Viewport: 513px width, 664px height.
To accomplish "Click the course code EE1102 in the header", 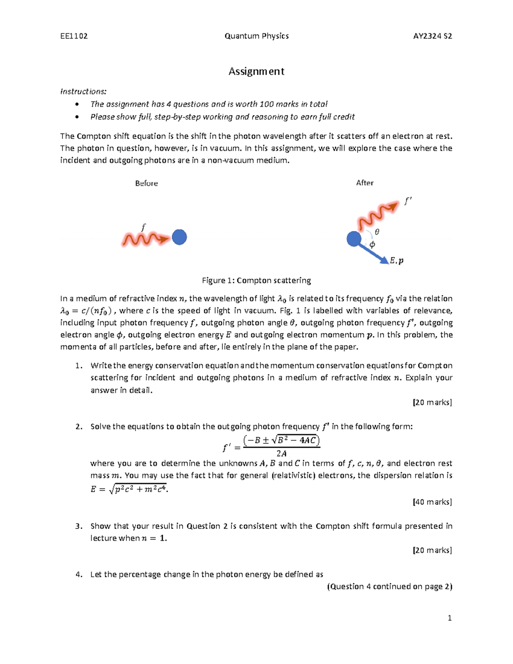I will coord(74,36).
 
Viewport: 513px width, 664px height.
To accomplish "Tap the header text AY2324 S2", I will coord(432,36).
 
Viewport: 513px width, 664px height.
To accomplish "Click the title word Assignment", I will coord(256,71).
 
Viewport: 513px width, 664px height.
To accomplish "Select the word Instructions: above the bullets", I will coord(83,91).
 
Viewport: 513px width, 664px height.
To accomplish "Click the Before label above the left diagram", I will coord(146,183).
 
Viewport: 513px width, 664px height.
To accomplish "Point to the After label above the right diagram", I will coord(365,183).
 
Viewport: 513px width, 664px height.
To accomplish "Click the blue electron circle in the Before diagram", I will coord(179,237).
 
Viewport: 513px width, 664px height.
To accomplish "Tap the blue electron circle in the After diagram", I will coord(354,239).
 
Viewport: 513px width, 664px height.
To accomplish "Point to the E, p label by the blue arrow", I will coord(396,260).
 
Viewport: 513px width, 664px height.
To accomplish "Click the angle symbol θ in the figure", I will coord(377,232).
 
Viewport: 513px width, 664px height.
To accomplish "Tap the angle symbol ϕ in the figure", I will coord(372,245).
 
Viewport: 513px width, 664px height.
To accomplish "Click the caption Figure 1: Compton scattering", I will coord(256,280).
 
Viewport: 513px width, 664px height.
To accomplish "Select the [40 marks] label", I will coord(432,502).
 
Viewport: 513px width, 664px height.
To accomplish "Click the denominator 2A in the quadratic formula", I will coord(281,454).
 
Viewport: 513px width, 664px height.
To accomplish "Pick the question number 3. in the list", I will coord(78,526).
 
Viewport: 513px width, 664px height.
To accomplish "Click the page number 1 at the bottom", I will coord(449,618).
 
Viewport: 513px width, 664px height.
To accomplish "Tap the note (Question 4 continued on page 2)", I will coord(389,587).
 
